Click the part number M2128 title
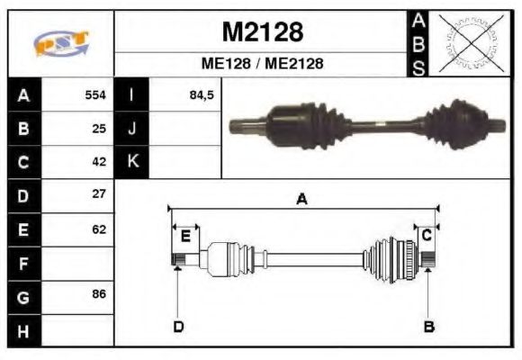pos(262,32)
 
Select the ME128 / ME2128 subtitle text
pos(262,65)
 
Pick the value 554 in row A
pos(95,94)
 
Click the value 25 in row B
pos(99,128)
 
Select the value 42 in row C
pos(99,162)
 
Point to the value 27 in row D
pos(99,194)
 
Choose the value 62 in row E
pos(99,229)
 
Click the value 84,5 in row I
pos(201,94)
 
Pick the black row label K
pos(132,162)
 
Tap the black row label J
pos(132,128)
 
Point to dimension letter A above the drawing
pos(302,200)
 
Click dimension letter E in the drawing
pos(185,237)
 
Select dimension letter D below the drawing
pos(178,327)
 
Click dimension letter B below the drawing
pos(428,327)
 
